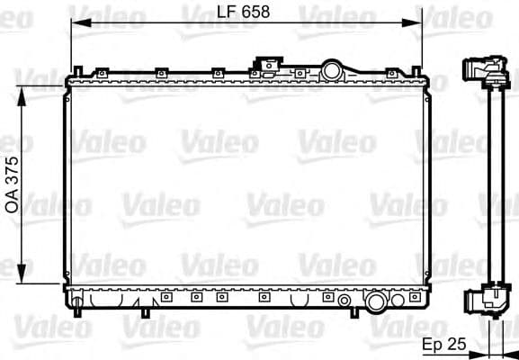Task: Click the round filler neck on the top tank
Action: (334, 69)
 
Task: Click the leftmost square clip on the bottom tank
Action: (166, 295)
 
